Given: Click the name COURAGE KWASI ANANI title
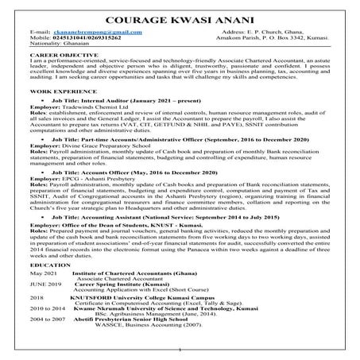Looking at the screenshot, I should (180, 17).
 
